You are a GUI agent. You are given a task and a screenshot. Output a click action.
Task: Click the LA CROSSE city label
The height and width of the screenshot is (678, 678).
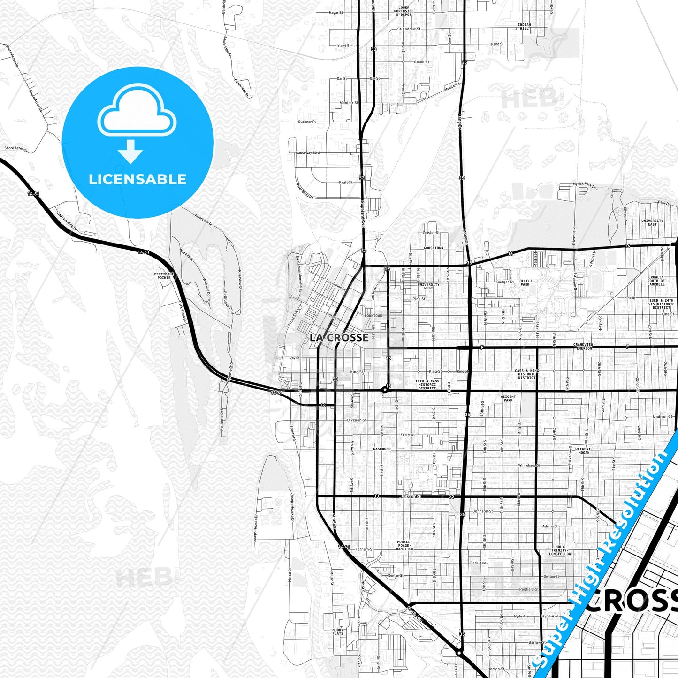point(339,337)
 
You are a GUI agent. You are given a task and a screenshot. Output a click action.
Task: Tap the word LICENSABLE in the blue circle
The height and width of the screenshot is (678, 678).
point(137,179)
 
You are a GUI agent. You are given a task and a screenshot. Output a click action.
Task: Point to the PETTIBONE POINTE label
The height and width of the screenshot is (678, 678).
point(164,275)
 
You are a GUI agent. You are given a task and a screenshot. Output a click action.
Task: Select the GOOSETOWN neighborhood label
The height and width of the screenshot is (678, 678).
point(433,248)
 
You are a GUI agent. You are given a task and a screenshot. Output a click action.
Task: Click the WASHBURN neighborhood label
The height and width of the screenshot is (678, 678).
point(381,449)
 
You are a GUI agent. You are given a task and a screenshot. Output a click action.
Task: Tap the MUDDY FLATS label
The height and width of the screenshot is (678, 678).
point(338,632)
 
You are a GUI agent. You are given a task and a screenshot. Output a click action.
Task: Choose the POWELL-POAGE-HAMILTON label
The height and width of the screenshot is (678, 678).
point(405,545)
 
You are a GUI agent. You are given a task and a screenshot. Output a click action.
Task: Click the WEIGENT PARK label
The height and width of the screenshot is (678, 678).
point(508,398)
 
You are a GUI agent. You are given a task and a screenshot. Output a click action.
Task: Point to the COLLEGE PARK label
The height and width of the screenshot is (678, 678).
point(525,282)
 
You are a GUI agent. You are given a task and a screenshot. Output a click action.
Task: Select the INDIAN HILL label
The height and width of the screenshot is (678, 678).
point(524,26)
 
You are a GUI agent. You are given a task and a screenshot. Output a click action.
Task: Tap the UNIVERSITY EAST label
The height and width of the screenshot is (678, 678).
point(652,222)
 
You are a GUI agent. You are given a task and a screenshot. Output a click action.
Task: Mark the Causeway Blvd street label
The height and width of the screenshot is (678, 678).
point(308,153)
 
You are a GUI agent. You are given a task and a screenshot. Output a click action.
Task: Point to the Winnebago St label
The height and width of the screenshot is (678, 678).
point(529,465)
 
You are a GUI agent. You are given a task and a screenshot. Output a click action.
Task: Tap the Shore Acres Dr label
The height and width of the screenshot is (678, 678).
point(15,148)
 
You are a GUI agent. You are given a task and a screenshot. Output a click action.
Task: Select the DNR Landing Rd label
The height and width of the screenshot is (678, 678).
point(68,221)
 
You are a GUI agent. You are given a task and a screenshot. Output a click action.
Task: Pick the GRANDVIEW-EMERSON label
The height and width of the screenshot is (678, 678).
point(584,346)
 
